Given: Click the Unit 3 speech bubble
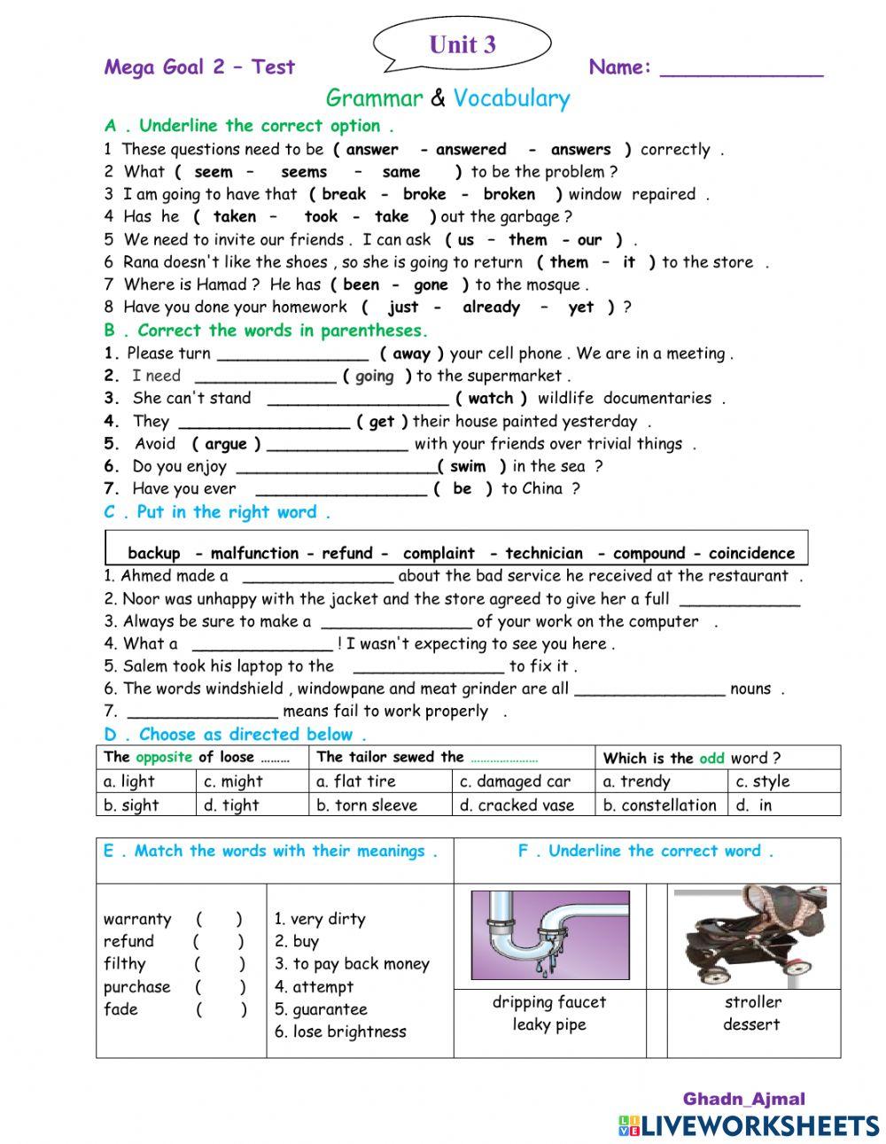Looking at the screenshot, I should pos(462,44).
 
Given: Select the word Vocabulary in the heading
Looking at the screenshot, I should pos(511,98).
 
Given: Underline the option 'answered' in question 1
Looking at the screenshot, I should pos(470,150).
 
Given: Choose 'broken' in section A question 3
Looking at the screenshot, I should pos(509,194).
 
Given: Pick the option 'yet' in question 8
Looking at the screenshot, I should pos(581,307).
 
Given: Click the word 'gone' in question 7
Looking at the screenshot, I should pos(431,284).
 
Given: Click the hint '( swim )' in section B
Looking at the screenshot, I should pos(471,466).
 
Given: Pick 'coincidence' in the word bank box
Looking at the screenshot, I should pos(751,553).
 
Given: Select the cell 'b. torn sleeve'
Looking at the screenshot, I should pos(366,805).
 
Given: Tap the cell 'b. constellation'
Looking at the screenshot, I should pos(659,805).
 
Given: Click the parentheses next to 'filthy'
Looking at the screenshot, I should pos(220,964).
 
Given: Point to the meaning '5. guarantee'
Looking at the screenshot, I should pos(320,1009).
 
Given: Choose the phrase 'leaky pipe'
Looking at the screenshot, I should pos(548,1024).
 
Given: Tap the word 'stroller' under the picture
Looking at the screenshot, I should pos(752,1002).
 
